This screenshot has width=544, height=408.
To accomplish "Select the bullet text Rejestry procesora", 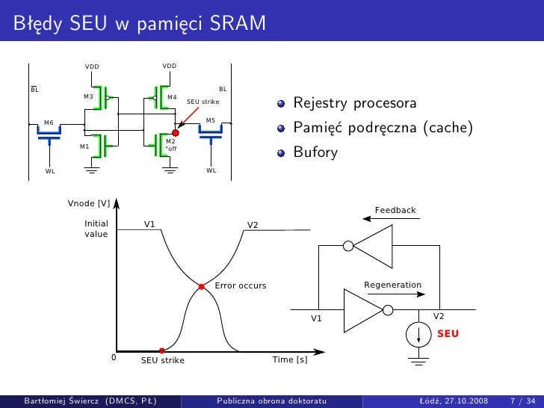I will coord(354,102).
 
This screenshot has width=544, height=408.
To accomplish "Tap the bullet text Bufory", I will coord(315,152).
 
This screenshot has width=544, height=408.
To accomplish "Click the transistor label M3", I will coord(88,97).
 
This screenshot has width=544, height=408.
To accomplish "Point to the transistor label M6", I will coord(49,122).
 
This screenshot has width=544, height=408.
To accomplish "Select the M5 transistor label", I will coord(210,120).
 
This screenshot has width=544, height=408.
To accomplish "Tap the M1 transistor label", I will coord(84,146).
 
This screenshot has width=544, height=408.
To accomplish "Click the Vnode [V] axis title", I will coord(89,203).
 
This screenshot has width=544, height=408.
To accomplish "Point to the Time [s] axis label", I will coord(290,359).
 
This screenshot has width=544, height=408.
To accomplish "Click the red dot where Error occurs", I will coord(201,286).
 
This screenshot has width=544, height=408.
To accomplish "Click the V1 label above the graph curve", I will coord(149,224).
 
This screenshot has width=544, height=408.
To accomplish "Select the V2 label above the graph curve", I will coord(253,224).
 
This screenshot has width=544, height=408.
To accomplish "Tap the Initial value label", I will coord(96,229).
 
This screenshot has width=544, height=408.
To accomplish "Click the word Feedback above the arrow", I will coord(395,210).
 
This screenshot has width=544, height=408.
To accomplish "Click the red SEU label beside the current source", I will coord(448,333).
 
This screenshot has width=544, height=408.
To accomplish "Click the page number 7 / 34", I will coord(521,401).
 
